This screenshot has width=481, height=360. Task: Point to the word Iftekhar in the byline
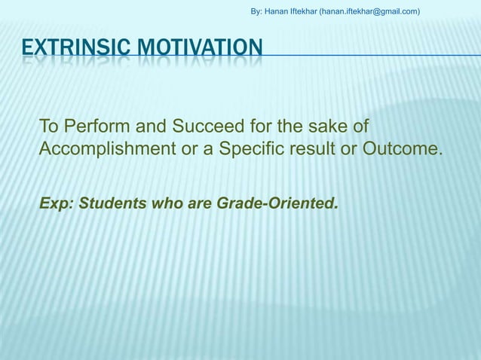point(308,11)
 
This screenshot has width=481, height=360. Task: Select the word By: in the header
point(256,11)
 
